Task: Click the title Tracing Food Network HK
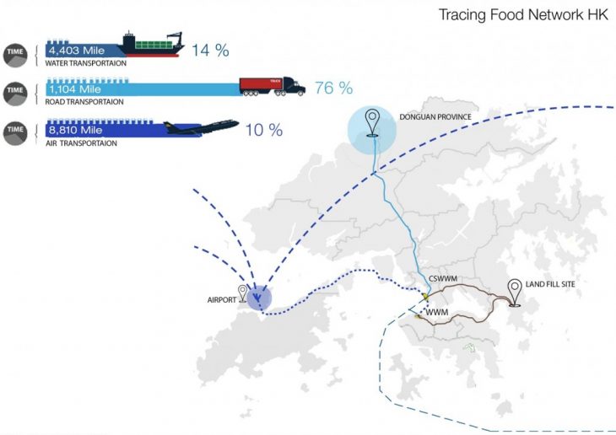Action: pyautogui.click(x=522, y=15)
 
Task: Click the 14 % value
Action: pyautogui.click(x=210, y=50)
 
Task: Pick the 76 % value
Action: pyautogui.click(x=333, y=89)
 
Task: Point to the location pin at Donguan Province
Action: pyautogui.click(x=371, y=123)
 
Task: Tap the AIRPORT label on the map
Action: pyautogui.click(x=222, y=299)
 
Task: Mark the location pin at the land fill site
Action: pyautogui.click(x=513, y=289)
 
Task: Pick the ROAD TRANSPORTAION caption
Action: pyautogui.click(x=85, y=102)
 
